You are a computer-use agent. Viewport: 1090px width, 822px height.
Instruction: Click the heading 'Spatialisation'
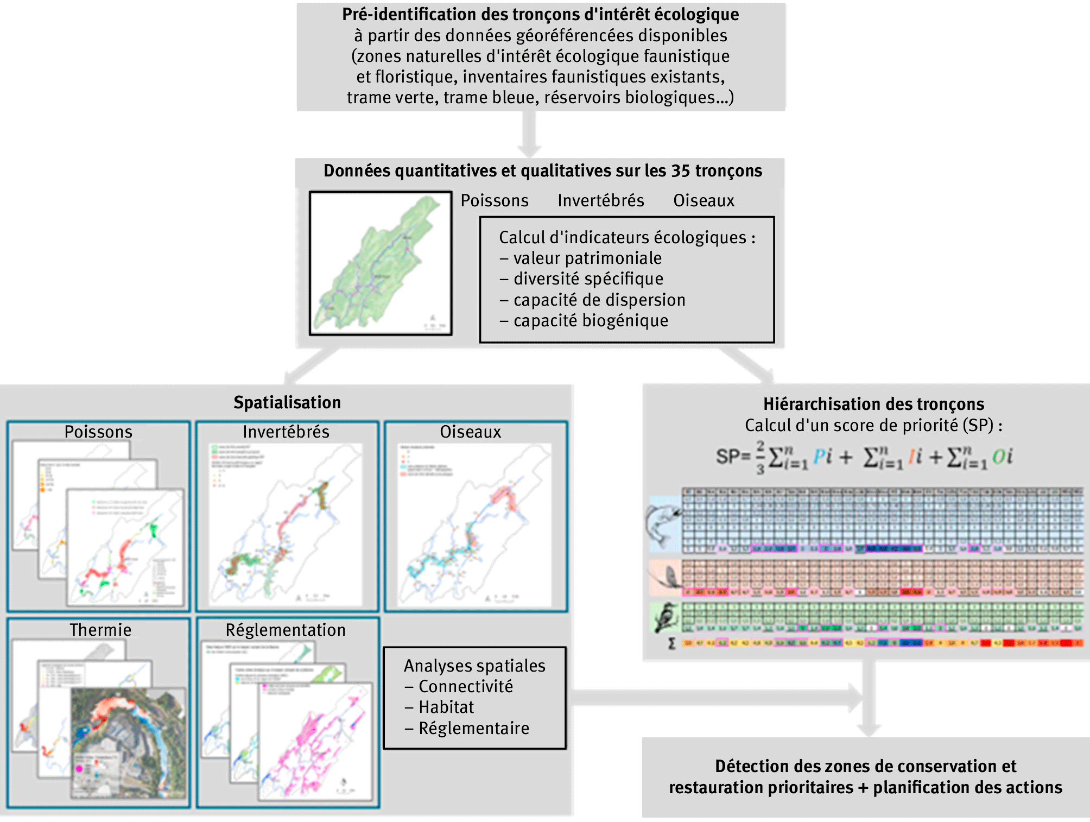pyautogui.click(x=287, y=402)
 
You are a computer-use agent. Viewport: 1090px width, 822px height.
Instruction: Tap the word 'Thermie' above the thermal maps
pyautogui.click(x=100, y=630)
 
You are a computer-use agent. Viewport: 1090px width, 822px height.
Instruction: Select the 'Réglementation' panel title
pyautogui.click(x=286, y=630)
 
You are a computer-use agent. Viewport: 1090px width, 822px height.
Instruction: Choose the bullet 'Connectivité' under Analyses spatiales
pyautogui.click(x=465, y=686)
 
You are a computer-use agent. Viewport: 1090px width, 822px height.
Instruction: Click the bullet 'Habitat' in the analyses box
pyautogui.click(x=446, y=707)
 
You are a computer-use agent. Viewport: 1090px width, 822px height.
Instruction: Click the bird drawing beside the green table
pyautogui.click(x=666, y=617)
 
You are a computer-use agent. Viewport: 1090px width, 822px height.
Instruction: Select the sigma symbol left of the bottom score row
pyautogui.click(x=671, y=643)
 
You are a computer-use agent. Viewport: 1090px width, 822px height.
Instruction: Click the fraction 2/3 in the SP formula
pyautogui.click(x=761, y=457)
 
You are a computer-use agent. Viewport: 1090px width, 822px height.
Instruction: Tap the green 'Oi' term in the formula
pyautogui.click(x=1002, y=457)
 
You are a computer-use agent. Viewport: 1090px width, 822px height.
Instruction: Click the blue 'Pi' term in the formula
pyautogui.click(x=822, y=457)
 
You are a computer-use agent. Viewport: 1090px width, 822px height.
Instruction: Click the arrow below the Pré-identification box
pyautogui.click(x=529, y=134)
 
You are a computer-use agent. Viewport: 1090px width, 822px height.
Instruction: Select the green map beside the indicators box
pyautogui.click(x=380, y=263)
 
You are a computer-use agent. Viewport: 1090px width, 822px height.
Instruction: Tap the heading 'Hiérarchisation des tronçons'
pyautogui.click(x=873, y=404)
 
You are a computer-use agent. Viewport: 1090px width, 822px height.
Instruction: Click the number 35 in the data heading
pyautogui.click(x=681, y=170)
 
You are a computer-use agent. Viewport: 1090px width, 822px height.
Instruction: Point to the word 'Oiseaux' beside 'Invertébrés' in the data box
pyautogui.click(x=704, y=200)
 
